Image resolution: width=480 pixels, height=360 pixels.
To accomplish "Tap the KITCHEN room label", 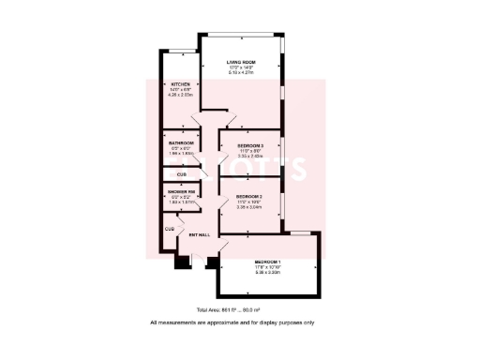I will (x=179, y=83).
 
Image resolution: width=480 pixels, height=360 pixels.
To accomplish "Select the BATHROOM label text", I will (x=181, y=143).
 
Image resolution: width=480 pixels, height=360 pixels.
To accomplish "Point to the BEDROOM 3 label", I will (x=249, y=146).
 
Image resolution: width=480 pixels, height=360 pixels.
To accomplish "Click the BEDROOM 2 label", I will (x=247, y=197).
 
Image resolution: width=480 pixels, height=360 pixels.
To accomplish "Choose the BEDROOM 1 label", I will (x=268, y=262).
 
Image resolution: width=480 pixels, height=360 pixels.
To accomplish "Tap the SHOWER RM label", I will (x=181, y=192).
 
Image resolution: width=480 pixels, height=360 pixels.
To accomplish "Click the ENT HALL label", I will (x=199, y=234).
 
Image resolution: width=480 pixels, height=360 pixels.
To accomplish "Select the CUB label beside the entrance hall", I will (x=170, y=229).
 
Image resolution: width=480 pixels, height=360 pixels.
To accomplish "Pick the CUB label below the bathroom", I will (x=181, y=174).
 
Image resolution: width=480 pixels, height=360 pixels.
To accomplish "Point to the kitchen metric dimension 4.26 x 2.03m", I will (x=179, y=94).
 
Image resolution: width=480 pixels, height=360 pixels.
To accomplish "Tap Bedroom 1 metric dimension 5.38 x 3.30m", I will (x=268, y=272).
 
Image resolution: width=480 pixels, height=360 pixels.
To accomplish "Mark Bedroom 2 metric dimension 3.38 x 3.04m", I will (x=247, y=207).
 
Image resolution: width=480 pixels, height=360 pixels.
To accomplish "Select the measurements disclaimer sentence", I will (x=232, y=322).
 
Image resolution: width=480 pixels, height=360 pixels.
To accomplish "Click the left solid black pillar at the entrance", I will (x=178, y=262).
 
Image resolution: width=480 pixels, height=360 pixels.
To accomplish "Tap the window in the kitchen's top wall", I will (x=175, y=52).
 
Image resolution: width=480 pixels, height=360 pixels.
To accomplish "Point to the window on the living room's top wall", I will (x=242, y=35).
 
